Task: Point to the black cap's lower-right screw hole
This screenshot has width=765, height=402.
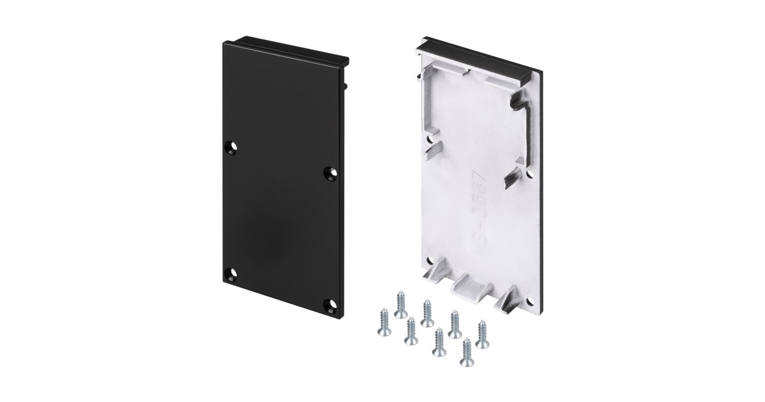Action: pyautogui.click(x=330, y=304)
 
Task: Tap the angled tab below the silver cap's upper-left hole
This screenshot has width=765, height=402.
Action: pyautogui.click(x=434, y=153)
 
